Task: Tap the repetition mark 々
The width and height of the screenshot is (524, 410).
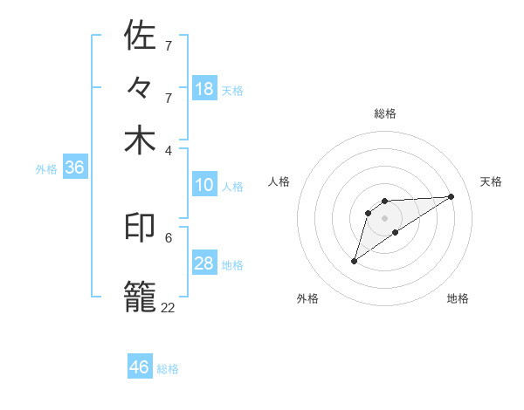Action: click(141, 88)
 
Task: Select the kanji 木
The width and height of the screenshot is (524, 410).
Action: click(141, 140)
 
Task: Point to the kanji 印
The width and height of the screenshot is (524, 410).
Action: click(141, 228)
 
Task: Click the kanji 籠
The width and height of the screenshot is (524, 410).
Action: click(141, 295)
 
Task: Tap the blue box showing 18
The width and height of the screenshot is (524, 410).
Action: click(204, 89)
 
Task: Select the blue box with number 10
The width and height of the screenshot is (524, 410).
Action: click(204, 186)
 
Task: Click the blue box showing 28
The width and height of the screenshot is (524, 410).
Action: click(204, 264)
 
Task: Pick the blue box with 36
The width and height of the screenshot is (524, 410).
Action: click(74, 168)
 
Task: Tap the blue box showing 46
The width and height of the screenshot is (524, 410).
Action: click(140, 367)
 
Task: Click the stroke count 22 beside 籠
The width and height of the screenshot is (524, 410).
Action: click(168, 307)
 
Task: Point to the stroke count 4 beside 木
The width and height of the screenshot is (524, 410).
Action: click(169, 149)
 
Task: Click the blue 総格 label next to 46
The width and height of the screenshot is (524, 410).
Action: click(168, 369)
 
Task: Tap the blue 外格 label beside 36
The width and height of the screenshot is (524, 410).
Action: click(46, 169)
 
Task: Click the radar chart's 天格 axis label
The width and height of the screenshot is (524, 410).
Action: click(491, 181)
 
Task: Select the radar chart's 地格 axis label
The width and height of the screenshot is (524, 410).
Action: click(458, 298)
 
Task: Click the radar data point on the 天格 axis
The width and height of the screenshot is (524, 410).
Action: click(452, 196)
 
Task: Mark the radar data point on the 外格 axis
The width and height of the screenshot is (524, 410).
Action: click(354, 261)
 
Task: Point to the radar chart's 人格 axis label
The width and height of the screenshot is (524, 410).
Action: click(279, 181)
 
